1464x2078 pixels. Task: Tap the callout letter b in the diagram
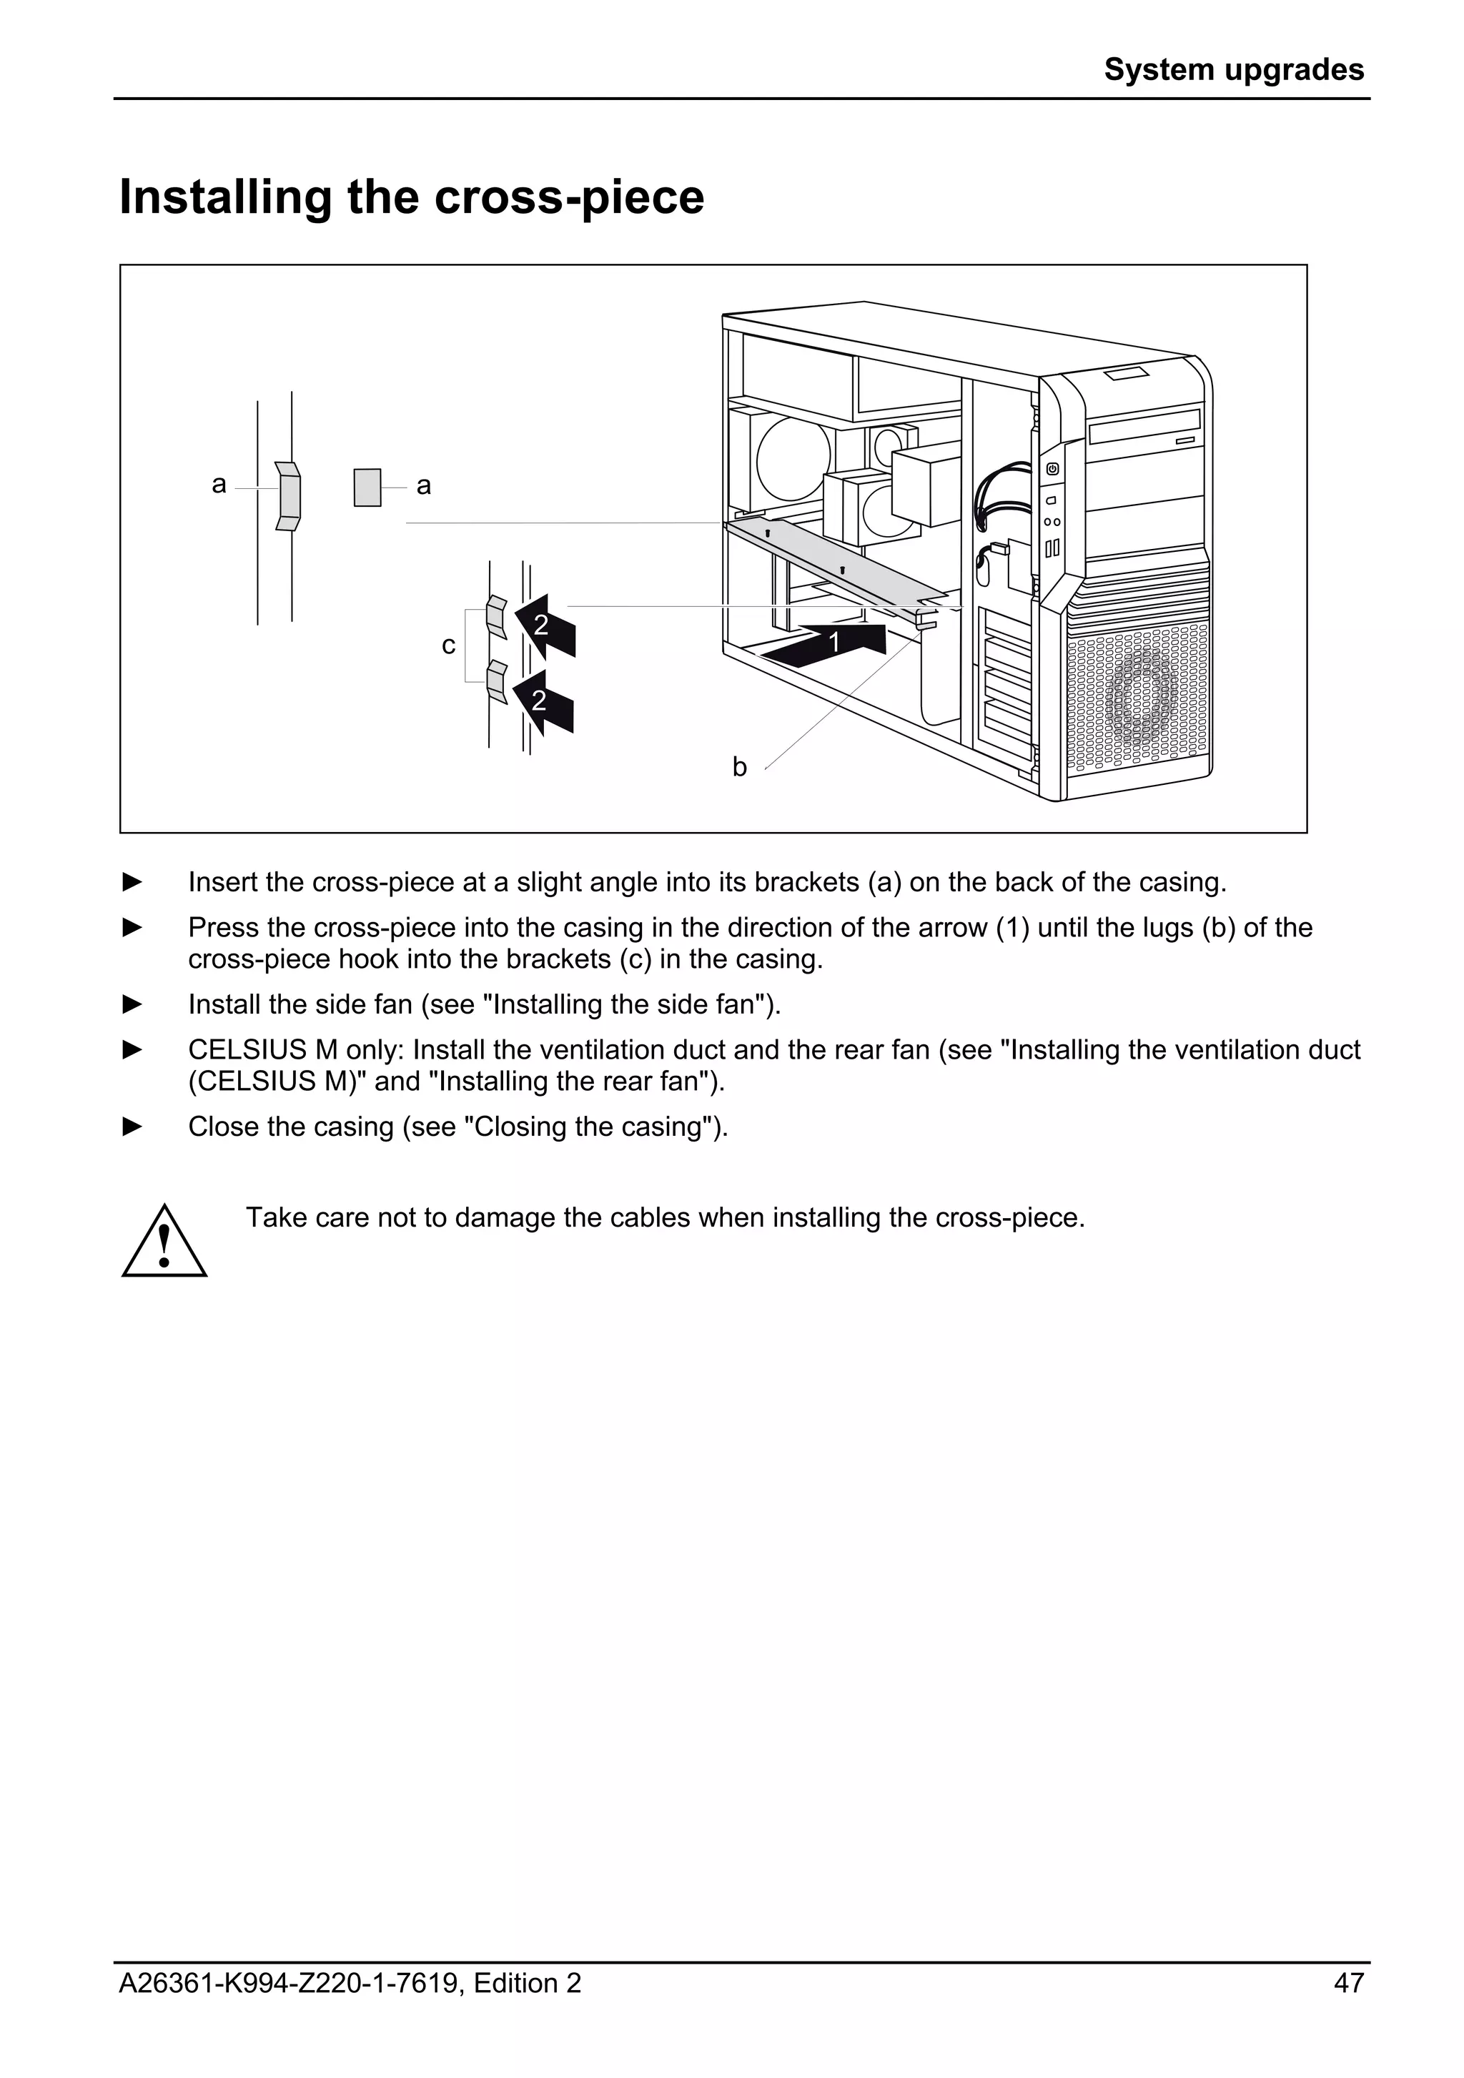(x=739, y=768)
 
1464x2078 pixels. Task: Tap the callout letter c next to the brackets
(x=448, y=645)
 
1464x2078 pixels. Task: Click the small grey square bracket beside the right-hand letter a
(x=367, y=487)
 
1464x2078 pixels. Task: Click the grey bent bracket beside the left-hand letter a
(x=288, y=495)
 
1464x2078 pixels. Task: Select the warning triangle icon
(x=164, y=1242)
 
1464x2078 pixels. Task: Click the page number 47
(x=1348, y=1984)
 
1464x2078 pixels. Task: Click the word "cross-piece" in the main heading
(x=569, y=197)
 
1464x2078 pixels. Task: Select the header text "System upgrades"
(x=1233, y=69)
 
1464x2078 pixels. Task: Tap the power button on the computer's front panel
(x=1052, y=469)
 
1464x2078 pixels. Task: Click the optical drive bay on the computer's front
(x=1145, y=426)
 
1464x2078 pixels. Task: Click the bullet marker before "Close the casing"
(x=133, y=1127)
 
